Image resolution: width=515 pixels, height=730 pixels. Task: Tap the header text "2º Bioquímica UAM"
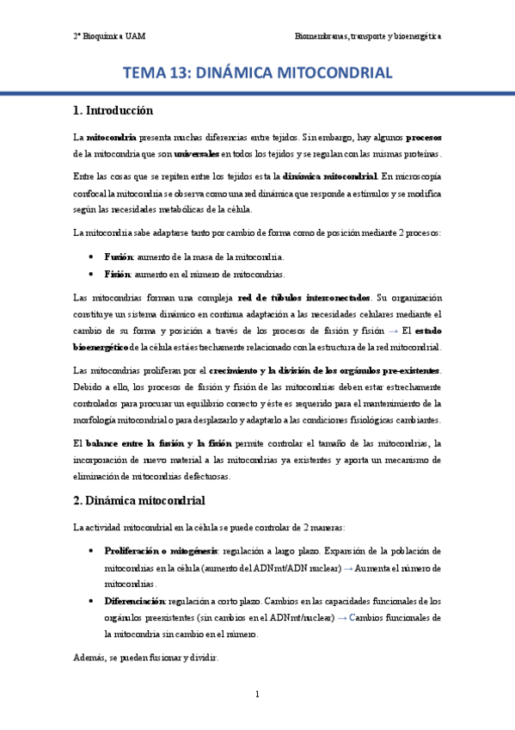click(108, 37)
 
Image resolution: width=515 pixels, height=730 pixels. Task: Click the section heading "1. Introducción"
click(113, 110)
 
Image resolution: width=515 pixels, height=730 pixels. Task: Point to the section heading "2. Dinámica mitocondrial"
click(139, 500)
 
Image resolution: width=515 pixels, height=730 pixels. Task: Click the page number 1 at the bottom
click(257, 694)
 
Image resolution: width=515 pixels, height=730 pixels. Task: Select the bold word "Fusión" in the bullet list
click(118, 257)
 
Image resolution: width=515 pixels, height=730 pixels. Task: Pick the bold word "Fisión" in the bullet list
click(117, 274)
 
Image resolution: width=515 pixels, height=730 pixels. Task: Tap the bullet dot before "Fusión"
click(92, 257)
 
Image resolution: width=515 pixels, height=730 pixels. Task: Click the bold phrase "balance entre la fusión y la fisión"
click(159, 443)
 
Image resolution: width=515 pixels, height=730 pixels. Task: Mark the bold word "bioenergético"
click(101, 347)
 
